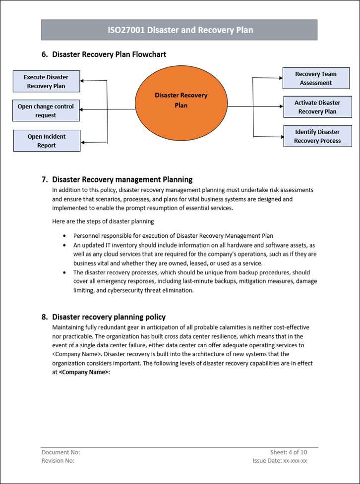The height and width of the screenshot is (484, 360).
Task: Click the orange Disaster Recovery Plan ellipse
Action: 181,106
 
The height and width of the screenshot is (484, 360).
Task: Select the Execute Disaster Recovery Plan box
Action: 46,81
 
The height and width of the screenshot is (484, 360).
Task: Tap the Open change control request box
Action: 46,110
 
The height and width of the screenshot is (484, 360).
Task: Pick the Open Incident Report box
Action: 47,141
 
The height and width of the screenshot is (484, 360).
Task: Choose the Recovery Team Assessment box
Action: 315,78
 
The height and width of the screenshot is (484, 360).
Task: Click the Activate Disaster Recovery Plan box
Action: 317,107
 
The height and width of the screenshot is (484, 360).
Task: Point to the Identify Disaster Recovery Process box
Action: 317,136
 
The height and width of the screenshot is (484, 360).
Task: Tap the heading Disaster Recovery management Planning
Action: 122,179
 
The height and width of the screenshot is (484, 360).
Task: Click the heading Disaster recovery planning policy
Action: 109,317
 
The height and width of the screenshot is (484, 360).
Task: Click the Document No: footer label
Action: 60,452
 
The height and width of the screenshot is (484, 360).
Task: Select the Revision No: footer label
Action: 58,461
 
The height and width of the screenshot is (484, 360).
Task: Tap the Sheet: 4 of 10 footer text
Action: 289,452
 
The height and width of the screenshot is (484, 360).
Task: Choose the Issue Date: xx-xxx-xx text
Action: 280,461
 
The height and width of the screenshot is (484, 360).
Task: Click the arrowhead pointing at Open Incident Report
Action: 83,143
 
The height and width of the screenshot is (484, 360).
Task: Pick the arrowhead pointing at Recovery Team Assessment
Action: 280,78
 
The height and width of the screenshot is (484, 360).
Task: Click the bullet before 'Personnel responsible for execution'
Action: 65,236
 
